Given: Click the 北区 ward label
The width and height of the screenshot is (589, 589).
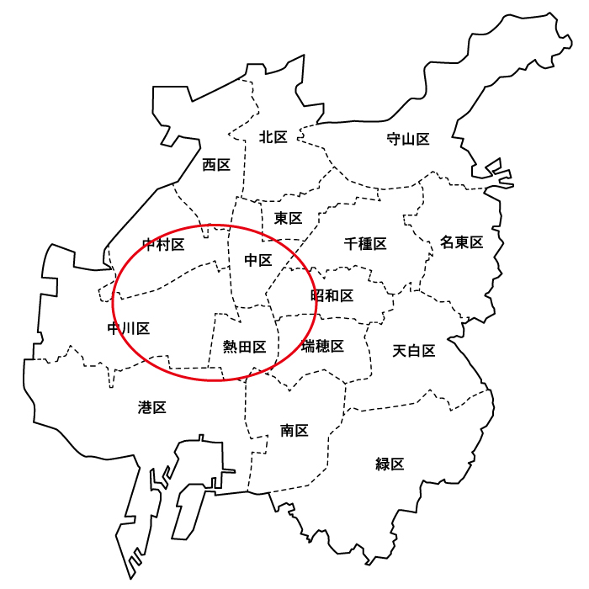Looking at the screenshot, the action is (x=273, y=137).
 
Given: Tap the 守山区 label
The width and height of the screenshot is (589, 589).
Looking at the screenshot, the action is (x=408, y=139).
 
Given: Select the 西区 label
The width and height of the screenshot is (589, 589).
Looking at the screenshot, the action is (x=216, y=165).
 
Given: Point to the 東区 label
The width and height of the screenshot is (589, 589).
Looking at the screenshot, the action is (x=288, y=218).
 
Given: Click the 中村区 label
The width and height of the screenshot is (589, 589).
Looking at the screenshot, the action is (x=163, y=245).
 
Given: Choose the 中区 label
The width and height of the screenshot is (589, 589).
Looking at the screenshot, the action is (x=258, y=260).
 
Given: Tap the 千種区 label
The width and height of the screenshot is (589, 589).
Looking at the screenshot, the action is (x=365, y=244).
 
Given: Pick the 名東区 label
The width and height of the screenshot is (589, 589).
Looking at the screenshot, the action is (x=462, y=243).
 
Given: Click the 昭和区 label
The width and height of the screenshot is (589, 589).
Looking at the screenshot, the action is (x=332, y=295).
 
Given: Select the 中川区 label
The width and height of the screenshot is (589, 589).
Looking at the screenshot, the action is (x=129, y=328).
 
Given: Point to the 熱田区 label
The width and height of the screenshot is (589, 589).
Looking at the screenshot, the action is (x=244, y=346).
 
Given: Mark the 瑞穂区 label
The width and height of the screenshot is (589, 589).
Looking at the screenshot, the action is (x=322, y=346).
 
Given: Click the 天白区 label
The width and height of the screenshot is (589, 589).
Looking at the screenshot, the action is (x=414, y=351).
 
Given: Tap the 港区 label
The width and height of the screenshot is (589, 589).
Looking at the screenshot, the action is (x=152, y=408).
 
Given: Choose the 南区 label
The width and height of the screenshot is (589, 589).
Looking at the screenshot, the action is (x=294, y=431).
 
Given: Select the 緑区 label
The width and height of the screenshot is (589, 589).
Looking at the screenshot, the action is (x=390, y=464).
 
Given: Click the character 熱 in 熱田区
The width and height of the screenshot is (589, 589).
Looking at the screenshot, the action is (x=230, y=346).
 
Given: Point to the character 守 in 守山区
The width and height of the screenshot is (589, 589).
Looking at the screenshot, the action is (x=394, y=139).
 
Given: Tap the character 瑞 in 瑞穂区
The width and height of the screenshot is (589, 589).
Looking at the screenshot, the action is (x=308, y=346).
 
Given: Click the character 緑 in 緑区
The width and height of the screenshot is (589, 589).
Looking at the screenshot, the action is (x=383, y=464).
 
